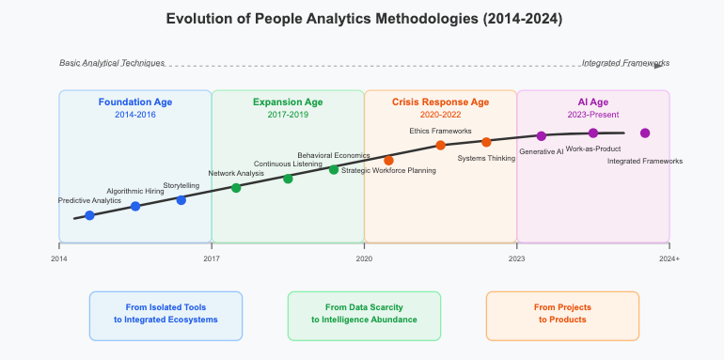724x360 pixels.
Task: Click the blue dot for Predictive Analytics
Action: pos(89,215)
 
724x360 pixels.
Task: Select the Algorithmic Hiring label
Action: pos(135,191)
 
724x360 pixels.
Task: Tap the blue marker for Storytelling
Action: pos(181,200)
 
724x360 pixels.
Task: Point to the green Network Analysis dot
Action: pos(236,188)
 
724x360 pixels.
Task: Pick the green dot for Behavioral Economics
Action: pos(334,169)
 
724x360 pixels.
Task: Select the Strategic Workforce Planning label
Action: pos(388,170)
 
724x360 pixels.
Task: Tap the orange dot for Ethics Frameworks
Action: pos(440,145)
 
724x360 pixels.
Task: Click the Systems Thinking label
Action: pos(486,158)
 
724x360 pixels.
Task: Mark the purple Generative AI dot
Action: pos(541,136)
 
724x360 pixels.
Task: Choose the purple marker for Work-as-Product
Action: pos(593,133)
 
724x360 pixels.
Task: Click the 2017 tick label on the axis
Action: pos(212,257)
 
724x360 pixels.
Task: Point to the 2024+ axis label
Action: pos(669,257)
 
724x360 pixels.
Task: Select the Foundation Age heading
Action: pos(135,102)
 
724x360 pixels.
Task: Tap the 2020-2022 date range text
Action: pos(440,114)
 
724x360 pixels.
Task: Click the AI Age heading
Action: pos(593,102)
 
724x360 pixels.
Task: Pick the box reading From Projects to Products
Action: pos(562,314)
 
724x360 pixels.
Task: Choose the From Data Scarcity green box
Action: pos(364,314)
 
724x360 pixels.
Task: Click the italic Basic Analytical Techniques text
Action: pos(112,63)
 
